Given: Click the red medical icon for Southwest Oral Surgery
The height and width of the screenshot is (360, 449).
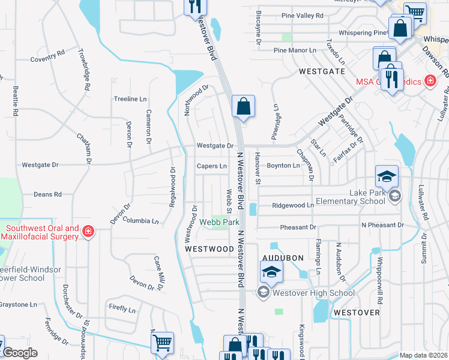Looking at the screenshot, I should pos(88,231).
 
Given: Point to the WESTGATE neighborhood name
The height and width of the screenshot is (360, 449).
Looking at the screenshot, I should pos(322,71).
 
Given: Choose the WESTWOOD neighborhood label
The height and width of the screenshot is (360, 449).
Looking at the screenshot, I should pos(209,248).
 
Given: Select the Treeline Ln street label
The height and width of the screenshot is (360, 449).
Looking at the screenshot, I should pos(130,99).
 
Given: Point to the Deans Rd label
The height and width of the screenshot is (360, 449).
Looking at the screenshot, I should pos(47,194).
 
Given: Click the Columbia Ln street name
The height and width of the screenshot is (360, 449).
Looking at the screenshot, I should pos(140,221).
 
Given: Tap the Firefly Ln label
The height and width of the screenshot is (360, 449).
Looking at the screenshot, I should pos(122,309).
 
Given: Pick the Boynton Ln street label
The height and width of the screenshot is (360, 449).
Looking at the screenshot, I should pos(283,166).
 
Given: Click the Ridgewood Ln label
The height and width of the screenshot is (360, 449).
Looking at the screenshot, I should pos(293,205).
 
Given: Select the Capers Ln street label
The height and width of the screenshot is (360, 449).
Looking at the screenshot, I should pos(212,166).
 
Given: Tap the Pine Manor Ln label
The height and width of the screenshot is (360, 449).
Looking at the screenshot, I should pos(295,51).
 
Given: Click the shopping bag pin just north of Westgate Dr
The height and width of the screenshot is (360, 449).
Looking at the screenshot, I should pos(243,107).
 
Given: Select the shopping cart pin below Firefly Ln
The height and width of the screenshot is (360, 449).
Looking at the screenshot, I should pos(162,344).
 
